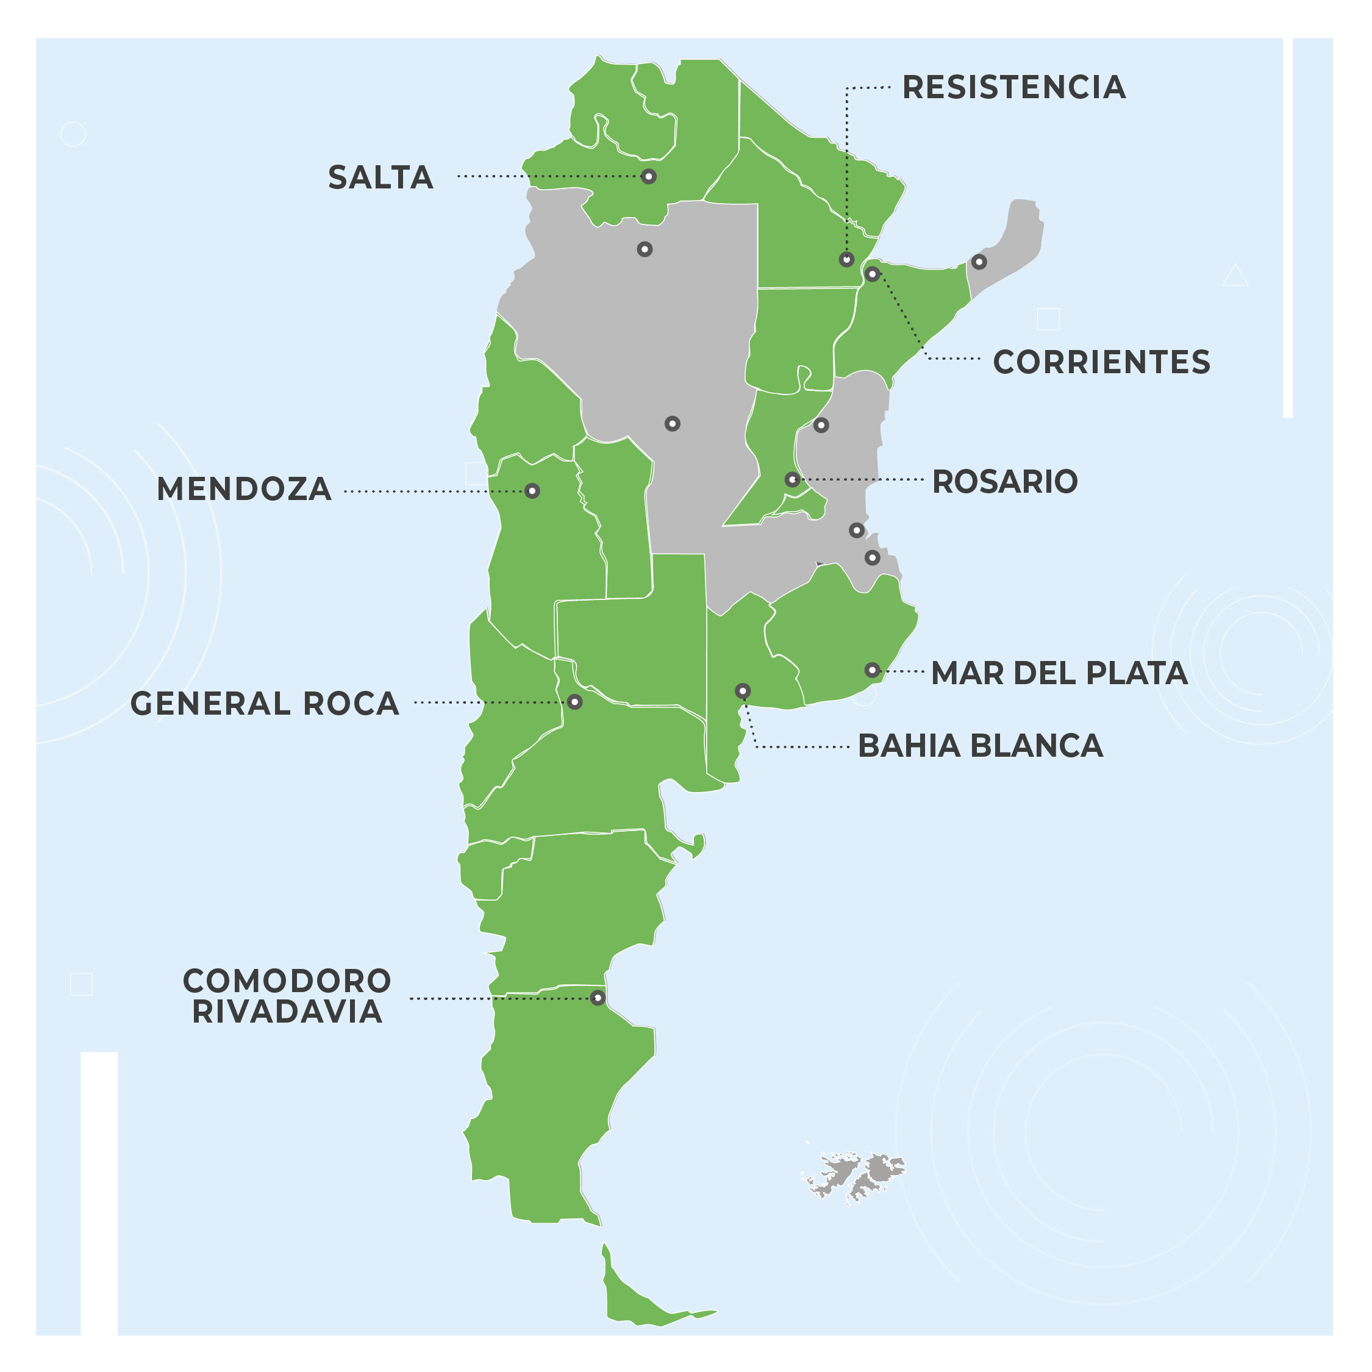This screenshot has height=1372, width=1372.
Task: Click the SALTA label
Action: (381, 177)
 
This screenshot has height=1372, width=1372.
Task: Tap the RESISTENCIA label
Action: (1013, 87)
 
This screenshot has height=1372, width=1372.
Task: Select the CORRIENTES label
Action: (1101, 362)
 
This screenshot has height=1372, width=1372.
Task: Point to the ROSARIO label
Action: (1005, 482)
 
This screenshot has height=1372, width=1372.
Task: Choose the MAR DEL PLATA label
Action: (1059, 673)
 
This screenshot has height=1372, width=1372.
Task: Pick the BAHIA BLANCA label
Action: (980, 746)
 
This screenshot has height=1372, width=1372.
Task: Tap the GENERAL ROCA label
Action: (265, 704)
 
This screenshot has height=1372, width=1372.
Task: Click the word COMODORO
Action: (287, 981)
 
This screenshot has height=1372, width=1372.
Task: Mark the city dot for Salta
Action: (648, 176)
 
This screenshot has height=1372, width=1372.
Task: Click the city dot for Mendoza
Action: (532, 491)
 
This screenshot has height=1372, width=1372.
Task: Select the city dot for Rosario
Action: (793, 480)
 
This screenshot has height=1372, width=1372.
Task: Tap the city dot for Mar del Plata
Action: (872, 670)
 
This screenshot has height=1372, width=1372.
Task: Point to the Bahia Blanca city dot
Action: (742, 691)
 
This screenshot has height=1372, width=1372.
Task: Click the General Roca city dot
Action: (574, 702)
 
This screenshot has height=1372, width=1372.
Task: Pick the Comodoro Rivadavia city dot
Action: (598, 998)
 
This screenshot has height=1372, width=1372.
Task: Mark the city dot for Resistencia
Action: (846, 259)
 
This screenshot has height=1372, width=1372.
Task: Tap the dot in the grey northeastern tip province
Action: (979, 262)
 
